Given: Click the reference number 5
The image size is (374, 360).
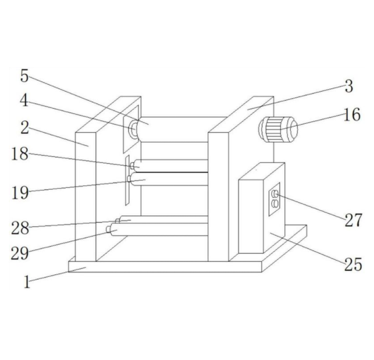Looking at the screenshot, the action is [x=24, y=76].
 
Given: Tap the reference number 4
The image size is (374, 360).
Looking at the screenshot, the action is [x=24, y=100].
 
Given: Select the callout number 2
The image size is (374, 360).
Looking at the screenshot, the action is [x=25, y=128].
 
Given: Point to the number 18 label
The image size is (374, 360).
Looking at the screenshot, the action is [x=20, y=154].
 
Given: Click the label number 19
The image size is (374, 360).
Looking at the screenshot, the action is [x=20, y=193].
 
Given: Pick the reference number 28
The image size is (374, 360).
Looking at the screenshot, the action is [x=20, y=228].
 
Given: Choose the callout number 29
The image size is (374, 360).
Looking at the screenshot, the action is [x=20, y=253].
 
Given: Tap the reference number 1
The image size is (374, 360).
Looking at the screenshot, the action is [x=27, y=282].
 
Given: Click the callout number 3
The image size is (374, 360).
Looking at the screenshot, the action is [x=349, y=86].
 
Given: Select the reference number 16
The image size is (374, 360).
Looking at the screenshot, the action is [x=352, y=115].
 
